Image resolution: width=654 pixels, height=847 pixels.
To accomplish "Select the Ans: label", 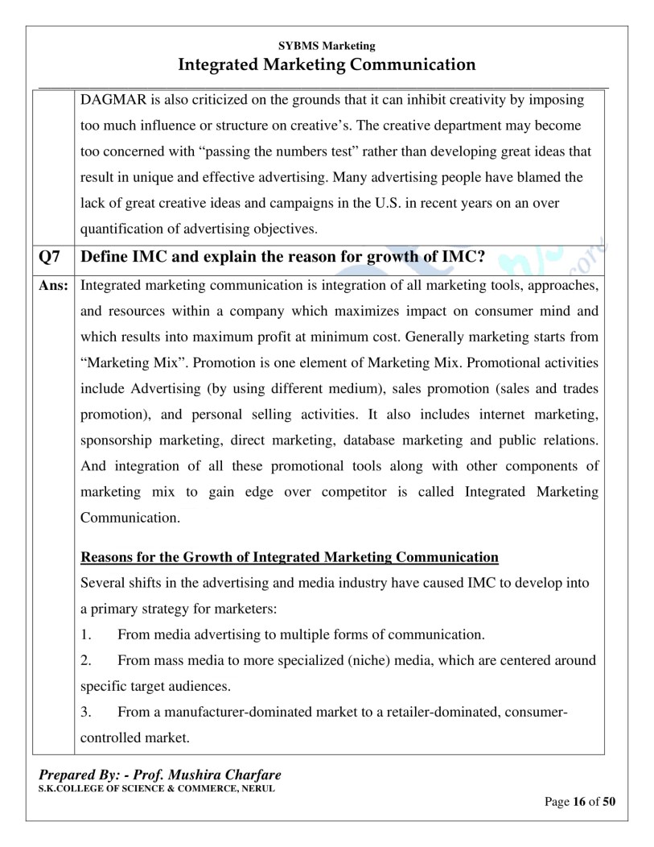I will [x=53, y=286].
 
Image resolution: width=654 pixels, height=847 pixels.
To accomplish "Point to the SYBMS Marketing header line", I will [x=326, y=46].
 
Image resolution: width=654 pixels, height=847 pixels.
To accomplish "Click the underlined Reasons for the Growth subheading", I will [x=290, y=557].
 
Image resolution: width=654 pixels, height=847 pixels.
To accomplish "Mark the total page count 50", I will [x=609, y=802].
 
